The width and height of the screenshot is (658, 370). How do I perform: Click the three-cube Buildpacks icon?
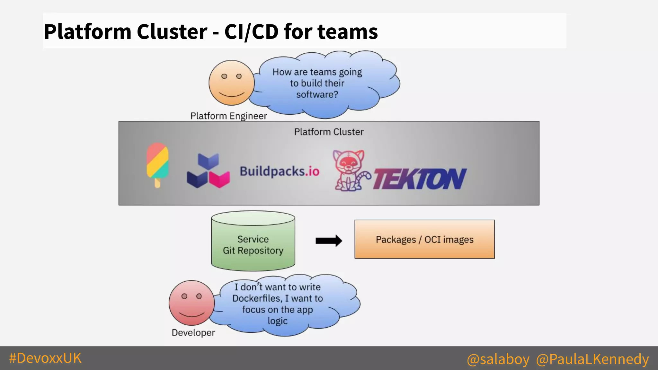click(x=208, y=171)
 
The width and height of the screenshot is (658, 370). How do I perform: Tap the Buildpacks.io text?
click(x=280, y=171)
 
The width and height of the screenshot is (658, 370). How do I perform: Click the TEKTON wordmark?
click(x=420, y=179)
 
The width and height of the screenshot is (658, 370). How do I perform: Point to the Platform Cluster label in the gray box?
click(x=329, y=132)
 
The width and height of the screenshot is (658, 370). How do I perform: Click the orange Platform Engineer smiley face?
click(x=231, y=83)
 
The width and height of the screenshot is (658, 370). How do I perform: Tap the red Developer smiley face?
click(x=192, y=303)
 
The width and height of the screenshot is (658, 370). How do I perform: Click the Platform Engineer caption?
click(x=228, y=116)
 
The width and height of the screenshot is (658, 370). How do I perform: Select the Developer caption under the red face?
click(x=193, y=332)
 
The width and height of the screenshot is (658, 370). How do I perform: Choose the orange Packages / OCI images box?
click(x=424, y=239)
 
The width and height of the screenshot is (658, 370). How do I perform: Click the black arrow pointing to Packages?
click(x=329, y=241)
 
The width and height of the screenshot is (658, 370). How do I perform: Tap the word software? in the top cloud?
click(x=317, y=94)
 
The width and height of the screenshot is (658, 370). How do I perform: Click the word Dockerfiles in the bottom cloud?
click(x=257, y=298)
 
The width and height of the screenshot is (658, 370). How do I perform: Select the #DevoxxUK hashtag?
click(x=45, y=358)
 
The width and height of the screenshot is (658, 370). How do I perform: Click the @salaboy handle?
click(x=498, y=359)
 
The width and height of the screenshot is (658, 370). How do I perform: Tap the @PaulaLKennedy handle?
click(x=592, y=359)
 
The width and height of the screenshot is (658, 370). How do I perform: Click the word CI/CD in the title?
click(x=251, y=32)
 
